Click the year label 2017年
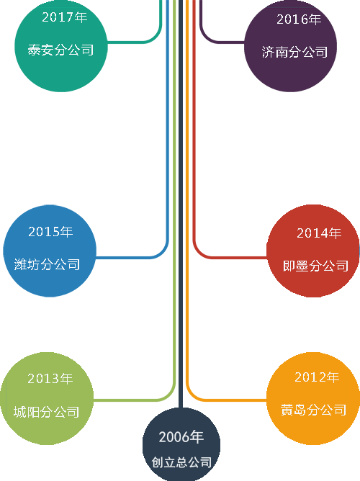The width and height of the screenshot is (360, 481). point(64,17)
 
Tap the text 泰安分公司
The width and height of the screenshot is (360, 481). point(60,50)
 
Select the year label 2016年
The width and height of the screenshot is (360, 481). point(299,19)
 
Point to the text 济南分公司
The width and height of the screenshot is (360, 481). point(294,52)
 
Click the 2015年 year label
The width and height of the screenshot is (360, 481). point(50,232)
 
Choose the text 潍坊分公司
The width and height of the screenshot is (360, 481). point(48,264)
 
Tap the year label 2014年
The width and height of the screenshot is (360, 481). point(319,233)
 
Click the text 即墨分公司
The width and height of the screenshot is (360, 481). point(316,266)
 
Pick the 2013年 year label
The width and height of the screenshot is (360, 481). point(50,379)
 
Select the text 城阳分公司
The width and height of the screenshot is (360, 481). point(47,412)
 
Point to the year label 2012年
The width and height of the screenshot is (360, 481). point(317,377)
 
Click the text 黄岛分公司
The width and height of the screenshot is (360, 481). point(314,410)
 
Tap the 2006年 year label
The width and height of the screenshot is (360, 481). point(181,437)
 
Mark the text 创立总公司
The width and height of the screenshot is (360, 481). point(181,462)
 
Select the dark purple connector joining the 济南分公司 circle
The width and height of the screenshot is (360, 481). point(221,42)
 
